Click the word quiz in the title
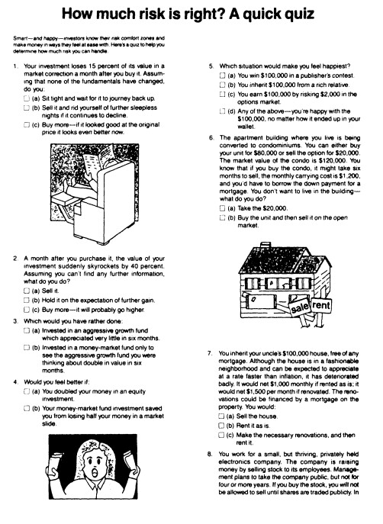tap(295, 14)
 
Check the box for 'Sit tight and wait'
tap(27, 98)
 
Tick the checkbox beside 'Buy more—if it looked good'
tap(27, 124)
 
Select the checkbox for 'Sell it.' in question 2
tap(27, 291)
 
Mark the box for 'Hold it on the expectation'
tap(27, 300)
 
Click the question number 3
tap(15, 321)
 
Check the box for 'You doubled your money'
tap(27, 391)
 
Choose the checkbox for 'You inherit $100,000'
tap(223, 85)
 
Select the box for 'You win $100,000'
tap(223, 76)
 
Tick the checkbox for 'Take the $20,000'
tap(223, 208)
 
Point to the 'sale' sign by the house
tap(300, 307)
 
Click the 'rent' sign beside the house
tap(321, 305)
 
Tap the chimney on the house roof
tap(266, 246)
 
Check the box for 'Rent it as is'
tap(221, 426)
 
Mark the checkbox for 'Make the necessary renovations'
tap(221, 435)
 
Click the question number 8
tap(210, 454)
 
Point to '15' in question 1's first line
tap(92, 66)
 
